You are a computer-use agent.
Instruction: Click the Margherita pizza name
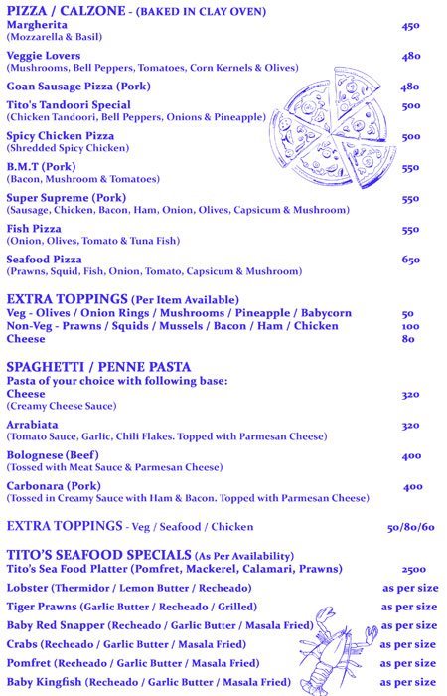[x=39, y=25]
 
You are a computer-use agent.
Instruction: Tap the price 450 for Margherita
[x=410, y=26]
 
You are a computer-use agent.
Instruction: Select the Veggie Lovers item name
[x=44, y=56]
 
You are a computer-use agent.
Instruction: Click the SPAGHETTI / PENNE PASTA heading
[x=98, y=366]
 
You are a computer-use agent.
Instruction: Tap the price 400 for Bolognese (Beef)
[x=410, y=456]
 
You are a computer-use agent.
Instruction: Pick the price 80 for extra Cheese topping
[x=407, y=338]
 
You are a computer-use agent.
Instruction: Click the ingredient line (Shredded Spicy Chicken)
[x=68, y=148]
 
